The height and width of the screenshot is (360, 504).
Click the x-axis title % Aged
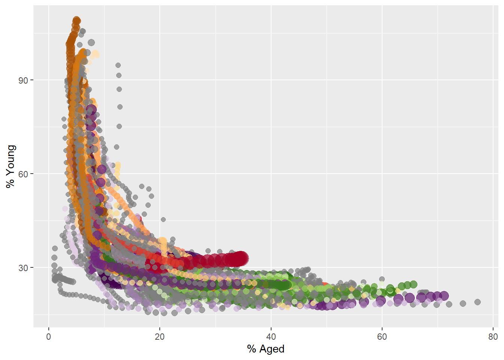[265, 349]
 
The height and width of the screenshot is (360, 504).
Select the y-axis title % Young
[10, 166]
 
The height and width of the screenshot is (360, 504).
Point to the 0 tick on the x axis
[49, 337]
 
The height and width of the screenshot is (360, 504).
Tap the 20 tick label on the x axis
[160, 337]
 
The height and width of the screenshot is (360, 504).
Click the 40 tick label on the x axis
[271, 337]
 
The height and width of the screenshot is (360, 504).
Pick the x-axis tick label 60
[382, 337]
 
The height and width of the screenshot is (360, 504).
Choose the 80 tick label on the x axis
[493, 337]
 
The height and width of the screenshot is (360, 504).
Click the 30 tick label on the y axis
[23, 268]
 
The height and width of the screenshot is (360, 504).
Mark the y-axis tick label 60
[23, 174]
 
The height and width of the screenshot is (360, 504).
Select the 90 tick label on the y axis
[23, 80]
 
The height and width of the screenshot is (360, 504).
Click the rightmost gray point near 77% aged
[477, 302]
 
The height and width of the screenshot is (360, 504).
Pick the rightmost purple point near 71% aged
[444, 295]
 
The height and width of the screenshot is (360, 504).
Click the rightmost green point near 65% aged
[413, 284]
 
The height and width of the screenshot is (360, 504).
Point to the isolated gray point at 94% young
[118, 65]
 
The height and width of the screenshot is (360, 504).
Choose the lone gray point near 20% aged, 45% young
[163, 219]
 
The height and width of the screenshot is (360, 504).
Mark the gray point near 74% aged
[463, 303]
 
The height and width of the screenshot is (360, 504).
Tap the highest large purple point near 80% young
[91, 109]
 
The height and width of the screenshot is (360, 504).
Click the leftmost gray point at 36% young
[55, 248]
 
